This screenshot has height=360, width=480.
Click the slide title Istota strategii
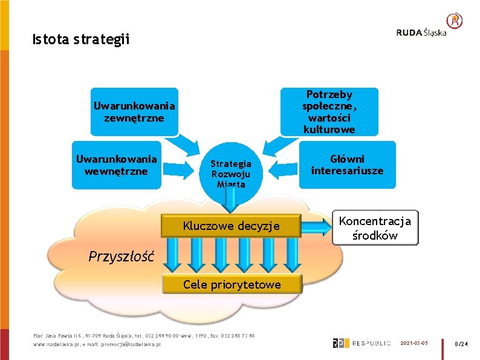81,41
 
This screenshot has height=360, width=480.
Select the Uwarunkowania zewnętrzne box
134,112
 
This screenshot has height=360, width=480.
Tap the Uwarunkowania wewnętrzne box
116,165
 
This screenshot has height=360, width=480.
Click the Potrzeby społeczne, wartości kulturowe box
329,112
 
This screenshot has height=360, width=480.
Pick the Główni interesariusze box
347,165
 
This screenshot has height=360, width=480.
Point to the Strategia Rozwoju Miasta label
231,174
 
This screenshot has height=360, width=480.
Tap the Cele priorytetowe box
232,284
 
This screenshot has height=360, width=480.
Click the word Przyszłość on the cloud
122,256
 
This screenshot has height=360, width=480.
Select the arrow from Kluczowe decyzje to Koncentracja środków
316,226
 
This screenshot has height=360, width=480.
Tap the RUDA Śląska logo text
421,33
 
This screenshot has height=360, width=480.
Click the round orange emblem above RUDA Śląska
455,21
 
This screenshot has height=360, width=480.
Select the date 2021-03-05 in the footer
414,343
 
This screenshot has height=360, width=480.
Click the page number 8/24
461,344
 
